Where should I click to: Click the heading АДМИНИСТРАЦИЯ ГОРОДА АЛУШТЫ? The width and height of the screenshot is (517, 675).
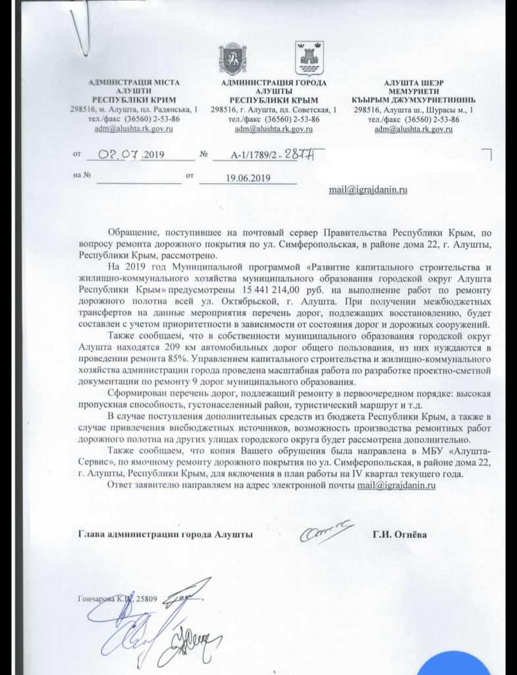[274, 87]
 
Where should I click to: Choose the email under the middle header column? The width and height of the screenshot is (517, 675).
[274, 129]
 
